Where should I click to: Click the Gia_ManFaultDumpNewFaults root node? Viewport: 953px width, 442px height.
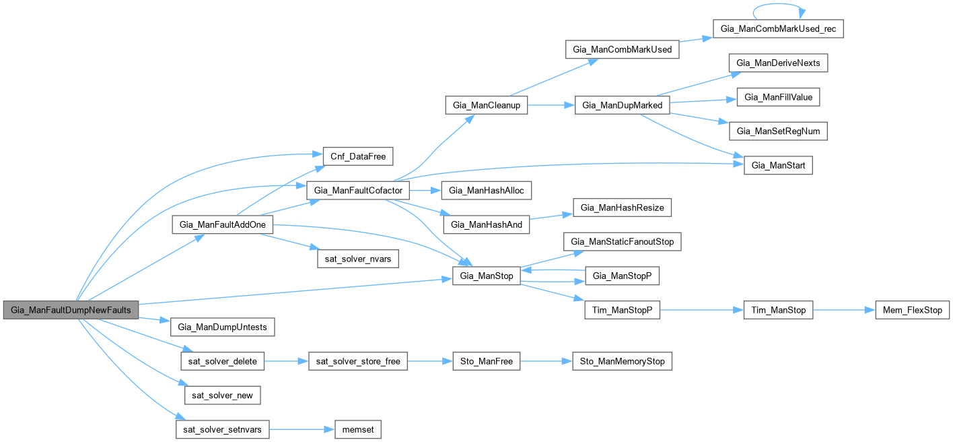(x=71, y=310)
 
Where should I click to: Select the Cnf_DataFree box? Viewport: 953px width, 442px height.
(x=357, y=156)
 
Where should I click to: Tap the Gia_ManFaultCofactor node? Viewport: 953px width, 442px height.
(x=358, y=191)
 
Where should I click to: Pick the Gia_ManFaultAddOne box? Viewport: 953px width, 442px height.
(x=223, y=225)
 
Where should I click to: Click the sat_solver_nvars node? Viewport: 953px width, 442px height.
(x=357, y=259)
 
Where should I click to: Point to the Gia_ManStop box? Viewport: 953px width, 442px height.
(x=486, y=276)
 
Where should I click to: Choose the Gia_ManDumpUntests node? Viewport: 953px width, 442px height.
(x=223, y=327)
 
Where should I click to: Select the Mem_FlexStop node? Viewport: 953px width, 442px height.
(x=912, y=310)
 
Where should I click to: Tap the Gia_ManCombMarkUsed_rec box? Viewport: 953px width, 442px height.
(x=778, y=29)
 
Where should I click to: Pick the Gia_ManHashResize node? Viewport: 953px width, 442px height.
(x=623, y=208)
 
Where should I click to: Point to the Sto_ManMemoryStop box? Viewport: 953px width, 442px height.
(x=622, y=361)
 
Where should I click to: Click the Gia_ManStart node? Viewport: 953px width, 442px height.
(x=778, y=165)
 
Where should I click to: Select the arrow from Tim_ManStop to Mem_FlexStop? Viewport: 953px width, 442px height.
(x=845, y=310)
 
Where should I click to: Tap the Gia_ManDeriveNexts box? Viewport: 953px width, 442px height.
(x=778, y=63)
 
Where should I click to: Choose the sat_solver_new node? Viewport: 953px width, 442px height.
(x=223, y=395)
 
